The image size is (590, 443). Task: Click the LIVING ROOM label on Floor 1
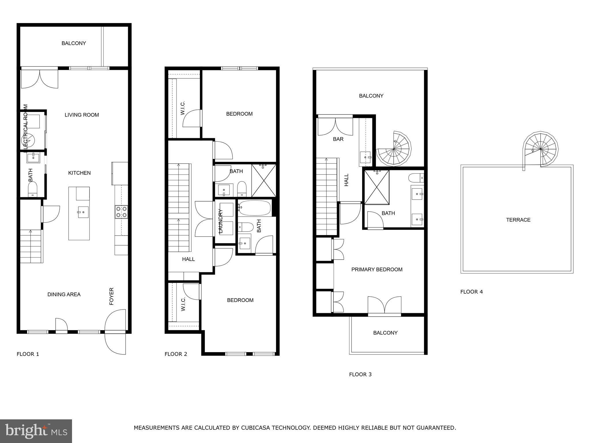tap(82, 115)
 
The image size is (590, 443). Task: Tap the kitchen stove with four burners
tap(121, 212)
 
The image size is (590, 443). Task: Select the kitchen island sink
tap(83, 212)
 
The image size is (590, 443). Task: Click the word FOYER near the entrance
tap(111, 296)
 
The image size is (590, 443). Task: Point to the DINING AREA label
tap(64, 294)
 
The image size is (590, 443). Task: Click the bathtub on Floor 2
tap(254, 208)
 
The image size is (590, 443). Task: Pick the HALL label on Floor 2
tap(188, 259)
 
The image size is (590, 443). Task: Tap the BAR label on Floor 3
tap(338, 139)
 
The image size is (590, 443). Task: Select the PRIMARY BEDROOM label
tap(377, 269)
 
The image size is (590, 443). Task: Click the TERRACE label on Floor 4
tap(518, 220)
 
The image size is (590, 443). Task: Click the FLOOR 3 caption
tap(360, 374)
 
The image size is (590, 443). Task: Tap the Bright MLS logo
tap(36, 431)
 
